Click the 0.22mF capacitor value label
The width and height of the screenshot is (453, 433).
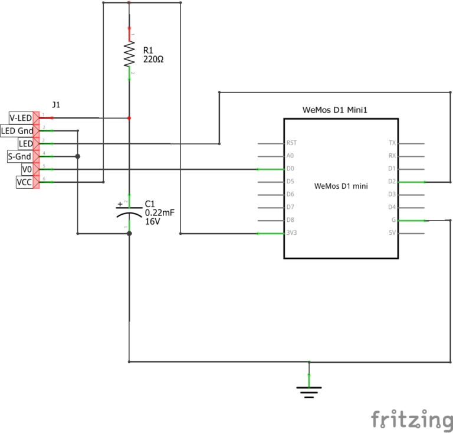pyautogui.click(x=159, y=213)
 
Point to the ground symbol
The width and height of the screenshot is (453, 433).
pyautogui.click(x=308, y=391)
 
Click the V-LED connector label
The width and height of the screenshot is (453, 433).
pyautogui.click(x=20, y=118)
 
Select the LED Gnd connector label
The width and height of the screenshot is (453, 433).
pyautogui.click(x=17, y=130)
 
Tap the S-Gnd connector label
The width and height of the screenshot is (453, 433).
pyautogui.click(x=19, y=156)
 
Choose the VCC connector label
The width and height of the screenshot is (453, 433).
pyautogui.click(x=24, y=182)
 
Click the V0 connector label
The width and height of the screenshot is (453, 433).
pyautogui.click(x=26, y=169)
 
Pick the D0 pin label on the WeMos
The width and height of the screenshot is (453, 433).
pyautogui.click(x=290, y=169)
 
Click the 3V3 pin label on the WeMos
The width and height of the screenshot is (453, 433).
pyautogui.click(x=291, y=234)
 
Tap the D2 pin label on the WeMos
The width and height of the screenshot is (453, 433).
pyautogui.click(x=392, y=182)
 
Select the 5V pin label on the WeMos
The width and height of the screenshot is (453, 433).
pyautogui.click(x=392, y=234)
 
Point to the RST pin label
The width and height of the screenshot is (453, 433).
pyautogui.click(x=291, y=143)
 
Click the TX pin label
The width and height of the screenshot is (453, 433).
pyautogui.click(x=392, y=143)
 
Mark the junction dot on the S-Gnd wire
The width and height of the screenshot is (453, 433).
pyautogui.click(x=77, y=156)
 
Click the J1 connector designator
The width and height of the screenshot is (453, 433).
pyautogui.click(x=56, y=104)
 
